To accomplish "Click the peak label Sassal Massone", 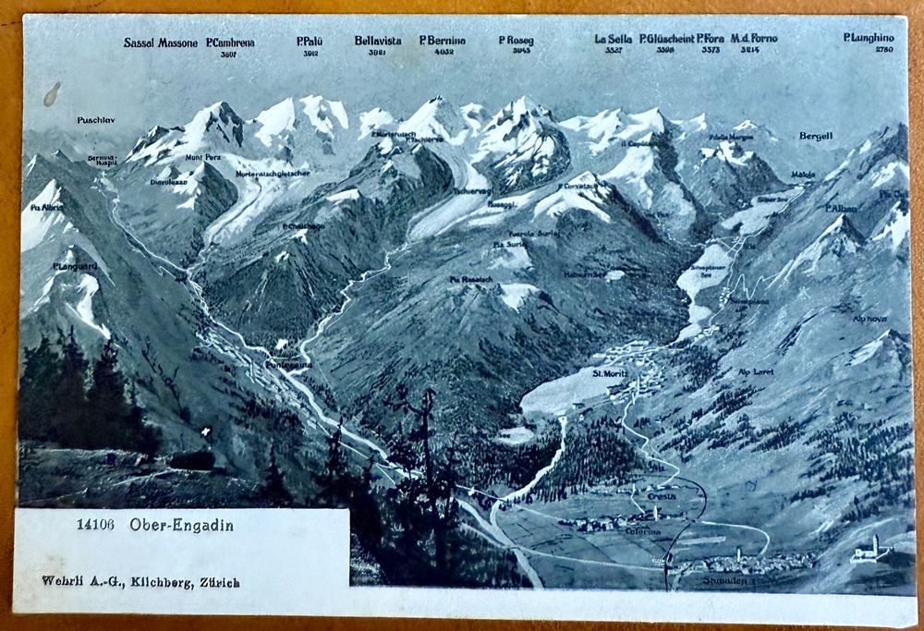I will click(160, 42).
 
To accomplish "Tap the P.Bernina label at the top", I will click(443, 41).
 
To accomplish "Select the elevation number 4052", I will click(444, 53).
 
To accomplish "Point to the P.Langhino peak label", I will click(869, 38).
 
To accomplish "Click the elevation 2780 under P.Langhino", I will click(884, 50).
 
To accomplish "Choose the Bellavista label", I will click(377, 41).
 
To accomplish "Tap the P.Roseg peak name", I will click(516, 41).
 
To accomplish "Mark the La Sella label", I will click(614, 39).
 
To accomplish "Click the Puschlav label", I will click(95, 120).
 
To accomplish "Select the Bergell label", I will click(816, 136).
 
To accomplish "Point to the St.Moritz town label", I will click(610, 373).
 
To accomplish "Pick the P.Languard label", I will click(75, 266).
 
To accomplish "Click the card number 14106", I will click(95, 526).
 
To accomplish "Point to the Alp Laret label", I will click(756, 371).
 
